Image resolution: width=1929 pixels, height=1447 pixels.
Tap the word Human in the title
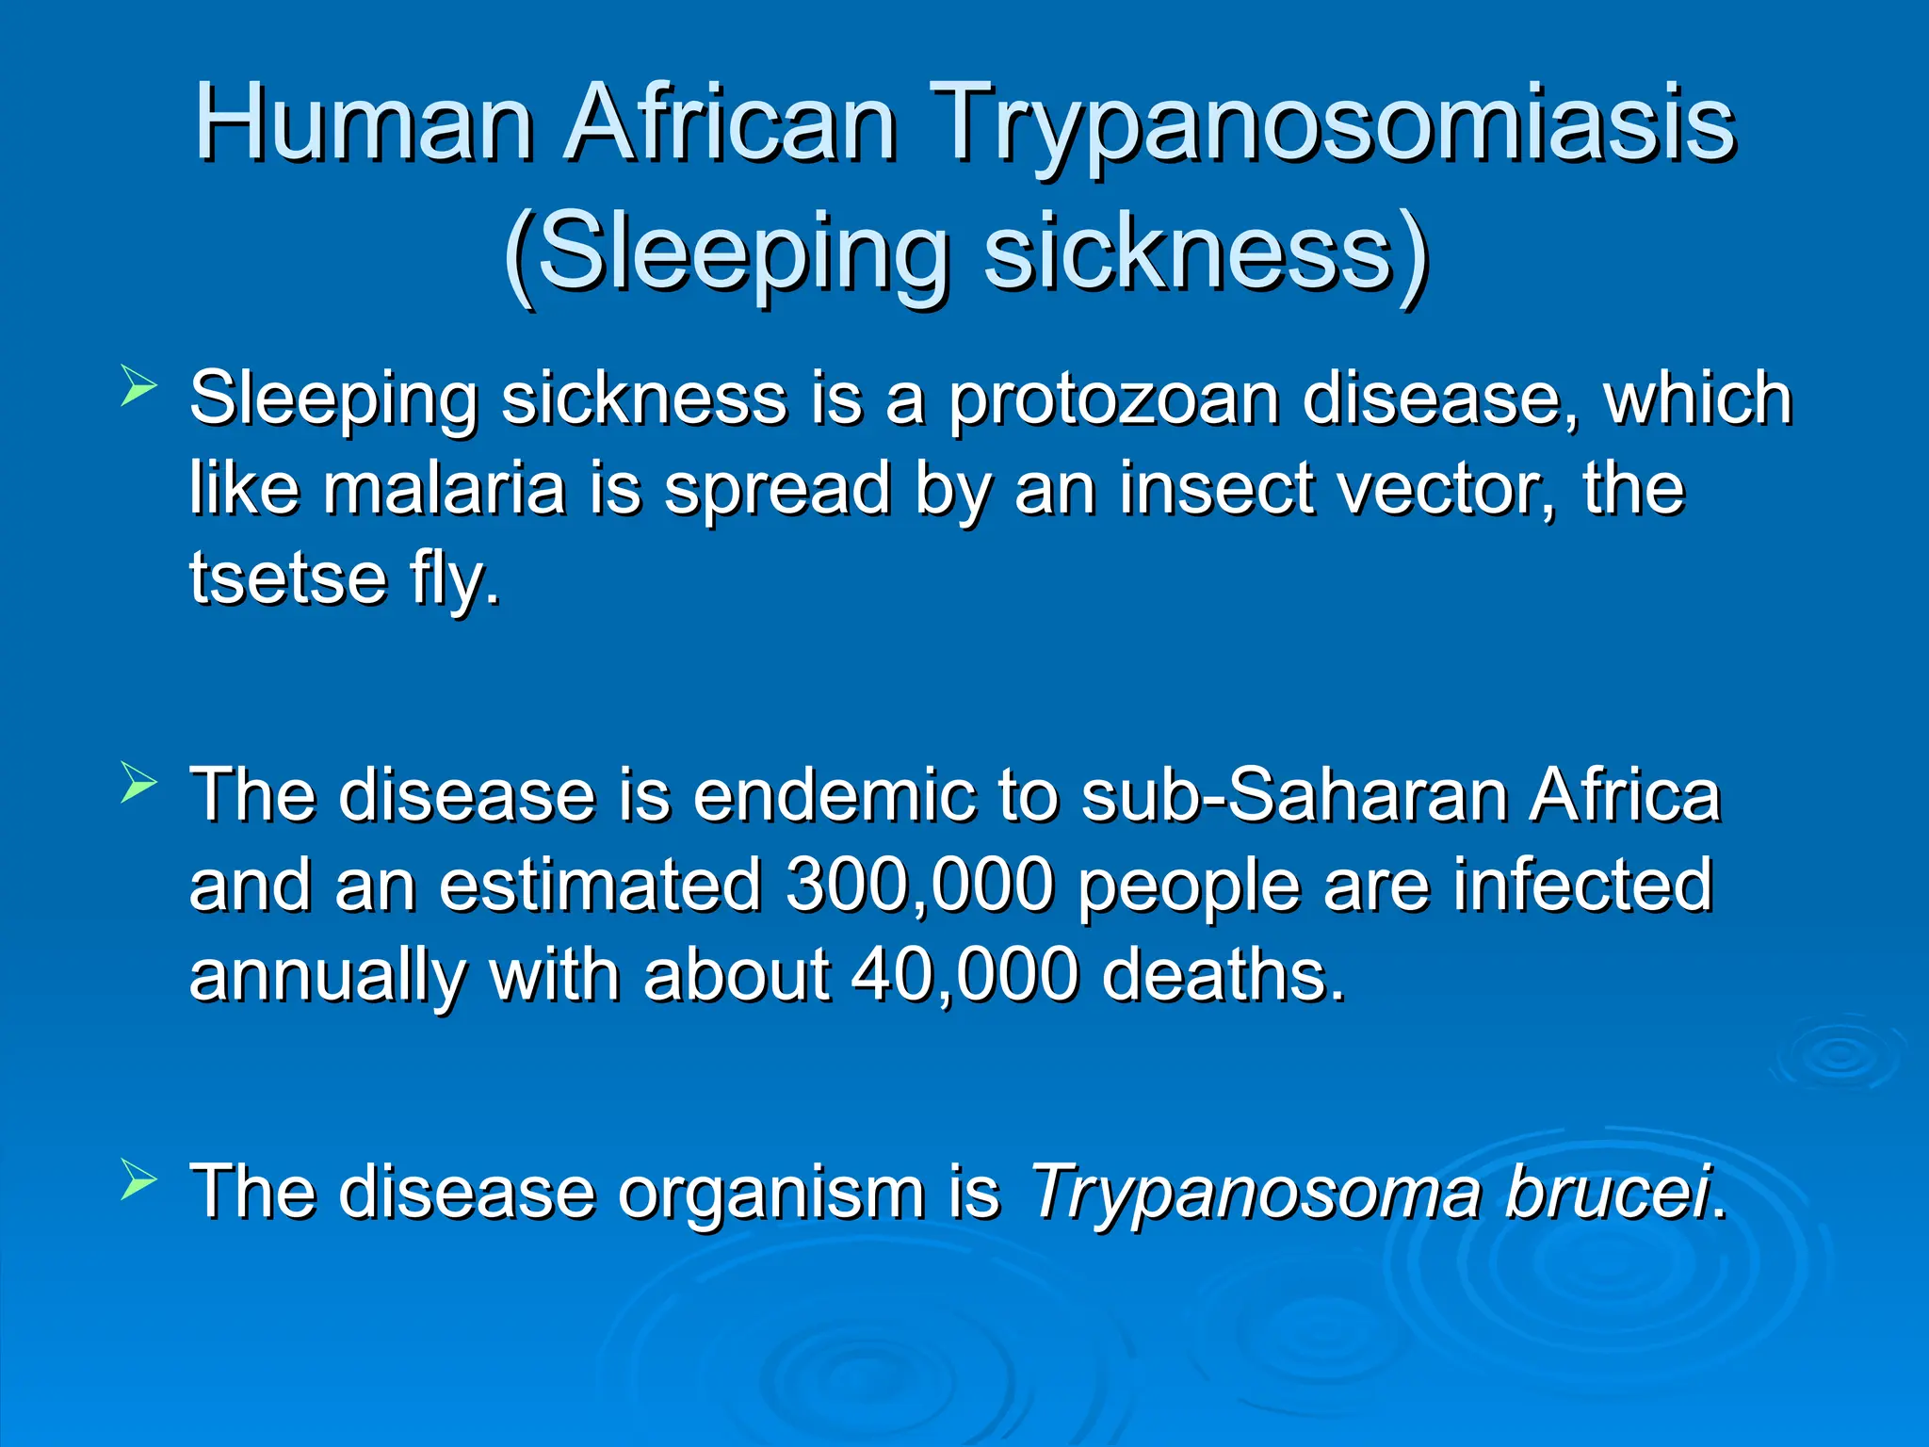(364, 123)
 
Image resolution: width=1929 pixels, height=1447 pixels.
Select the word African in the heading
(731, 123)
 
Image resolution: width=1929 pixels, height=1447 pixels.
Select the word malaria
(444, 488)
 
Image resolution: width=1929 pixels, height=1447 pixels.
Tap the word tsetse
(288, 577)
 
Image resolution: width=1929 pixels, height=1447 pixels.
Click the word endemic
(834, 795)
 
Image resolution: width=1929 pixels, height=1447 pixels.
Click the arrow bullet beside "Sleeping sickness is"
(138, 387)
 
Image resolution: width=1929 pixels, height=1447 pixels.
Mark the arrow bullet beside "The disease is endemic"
(138, 784)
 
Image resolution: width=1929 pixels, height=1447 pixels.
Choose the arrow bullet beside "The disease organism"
(138, 1180)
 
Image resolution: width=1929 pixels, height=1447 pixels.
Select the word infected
(1581, 885)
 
